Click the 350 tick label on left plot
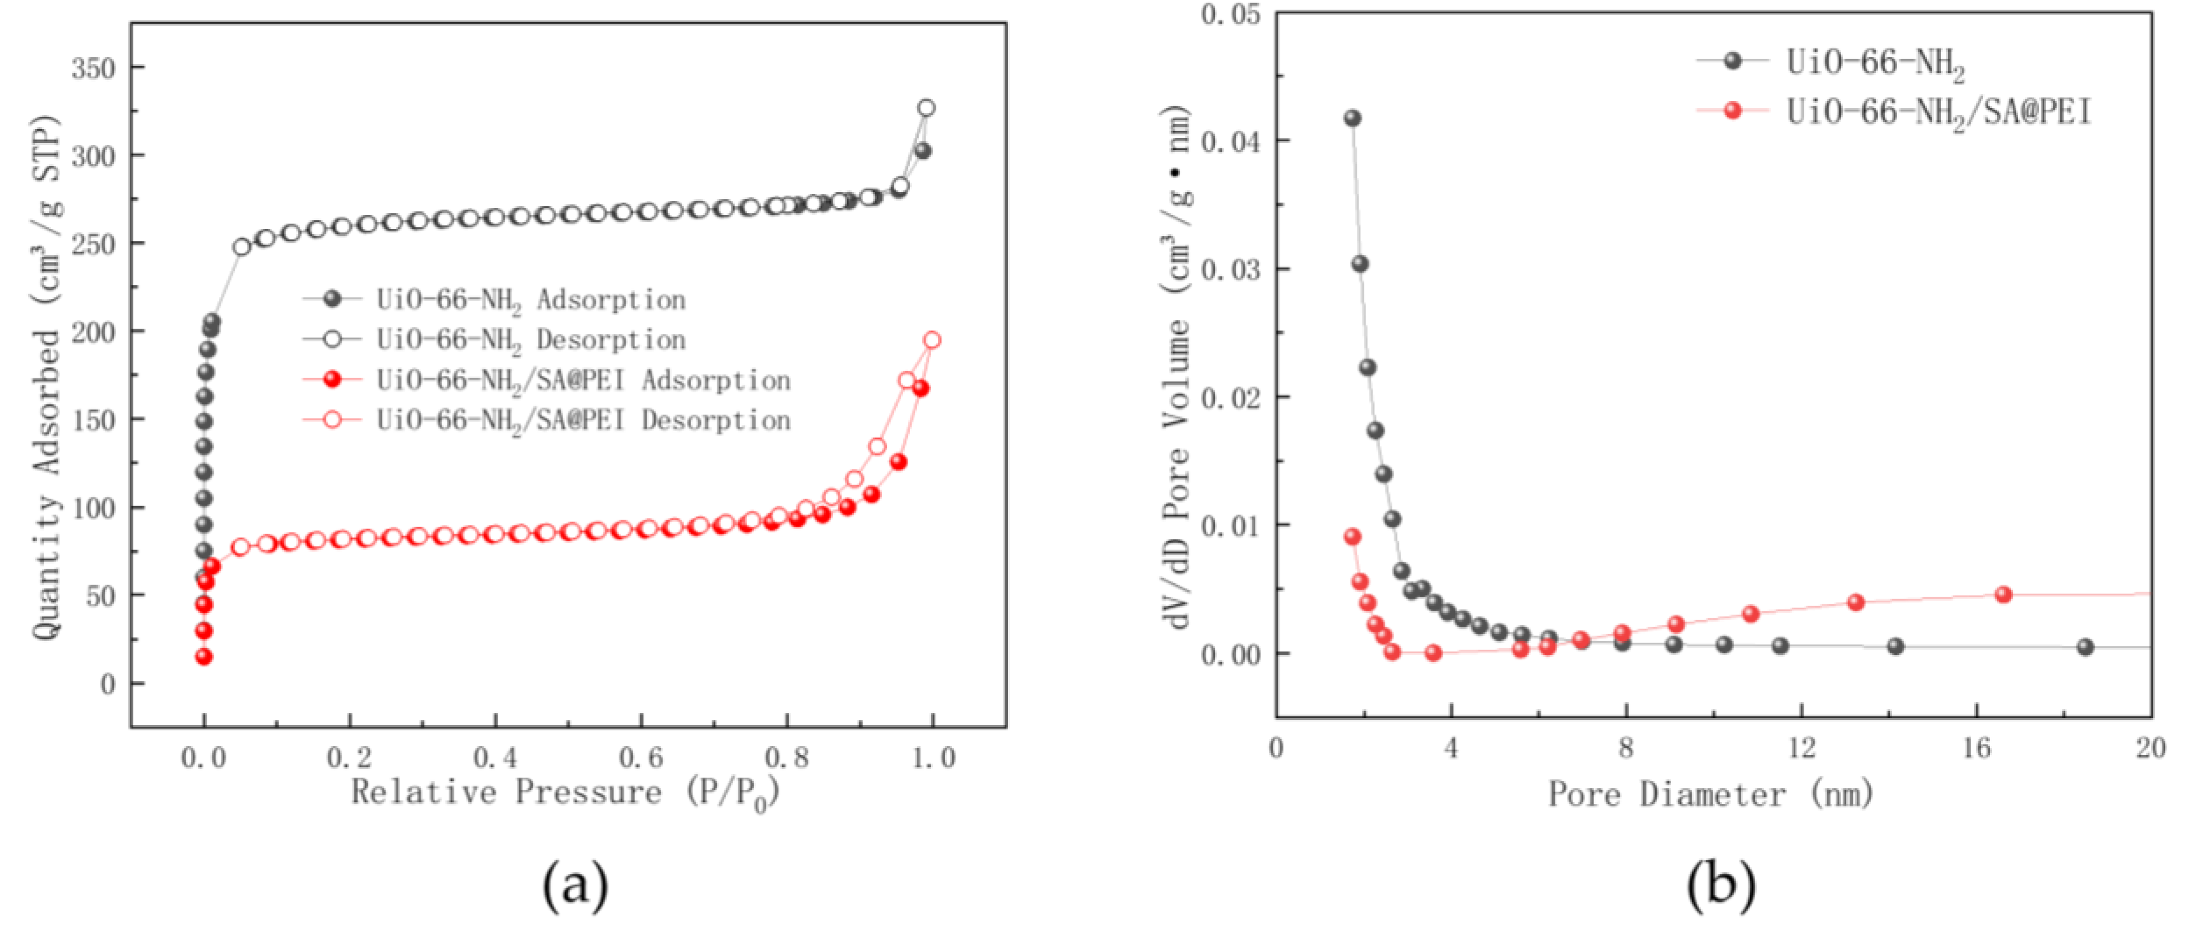pyautogui.click(x=93, y=68)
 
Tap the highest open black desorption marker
pyautogui.click(x=927, y=108)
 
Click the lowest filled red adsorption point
pyautogui.click(x=204, y=657)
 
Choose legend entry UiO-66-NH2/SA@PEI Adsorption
pyautogui.click(x=583, y=379)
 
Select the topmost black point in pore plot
pyautogui.click(x=1352, y=118)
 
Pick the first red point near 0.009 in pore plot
pyautogui.click(x=1352, y=537)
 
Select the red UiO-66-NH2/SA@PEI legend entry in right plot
pyautogui.click(x=1937, y=112)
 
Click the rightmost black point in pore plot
pyautogui.click(x=2085, y=647)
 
